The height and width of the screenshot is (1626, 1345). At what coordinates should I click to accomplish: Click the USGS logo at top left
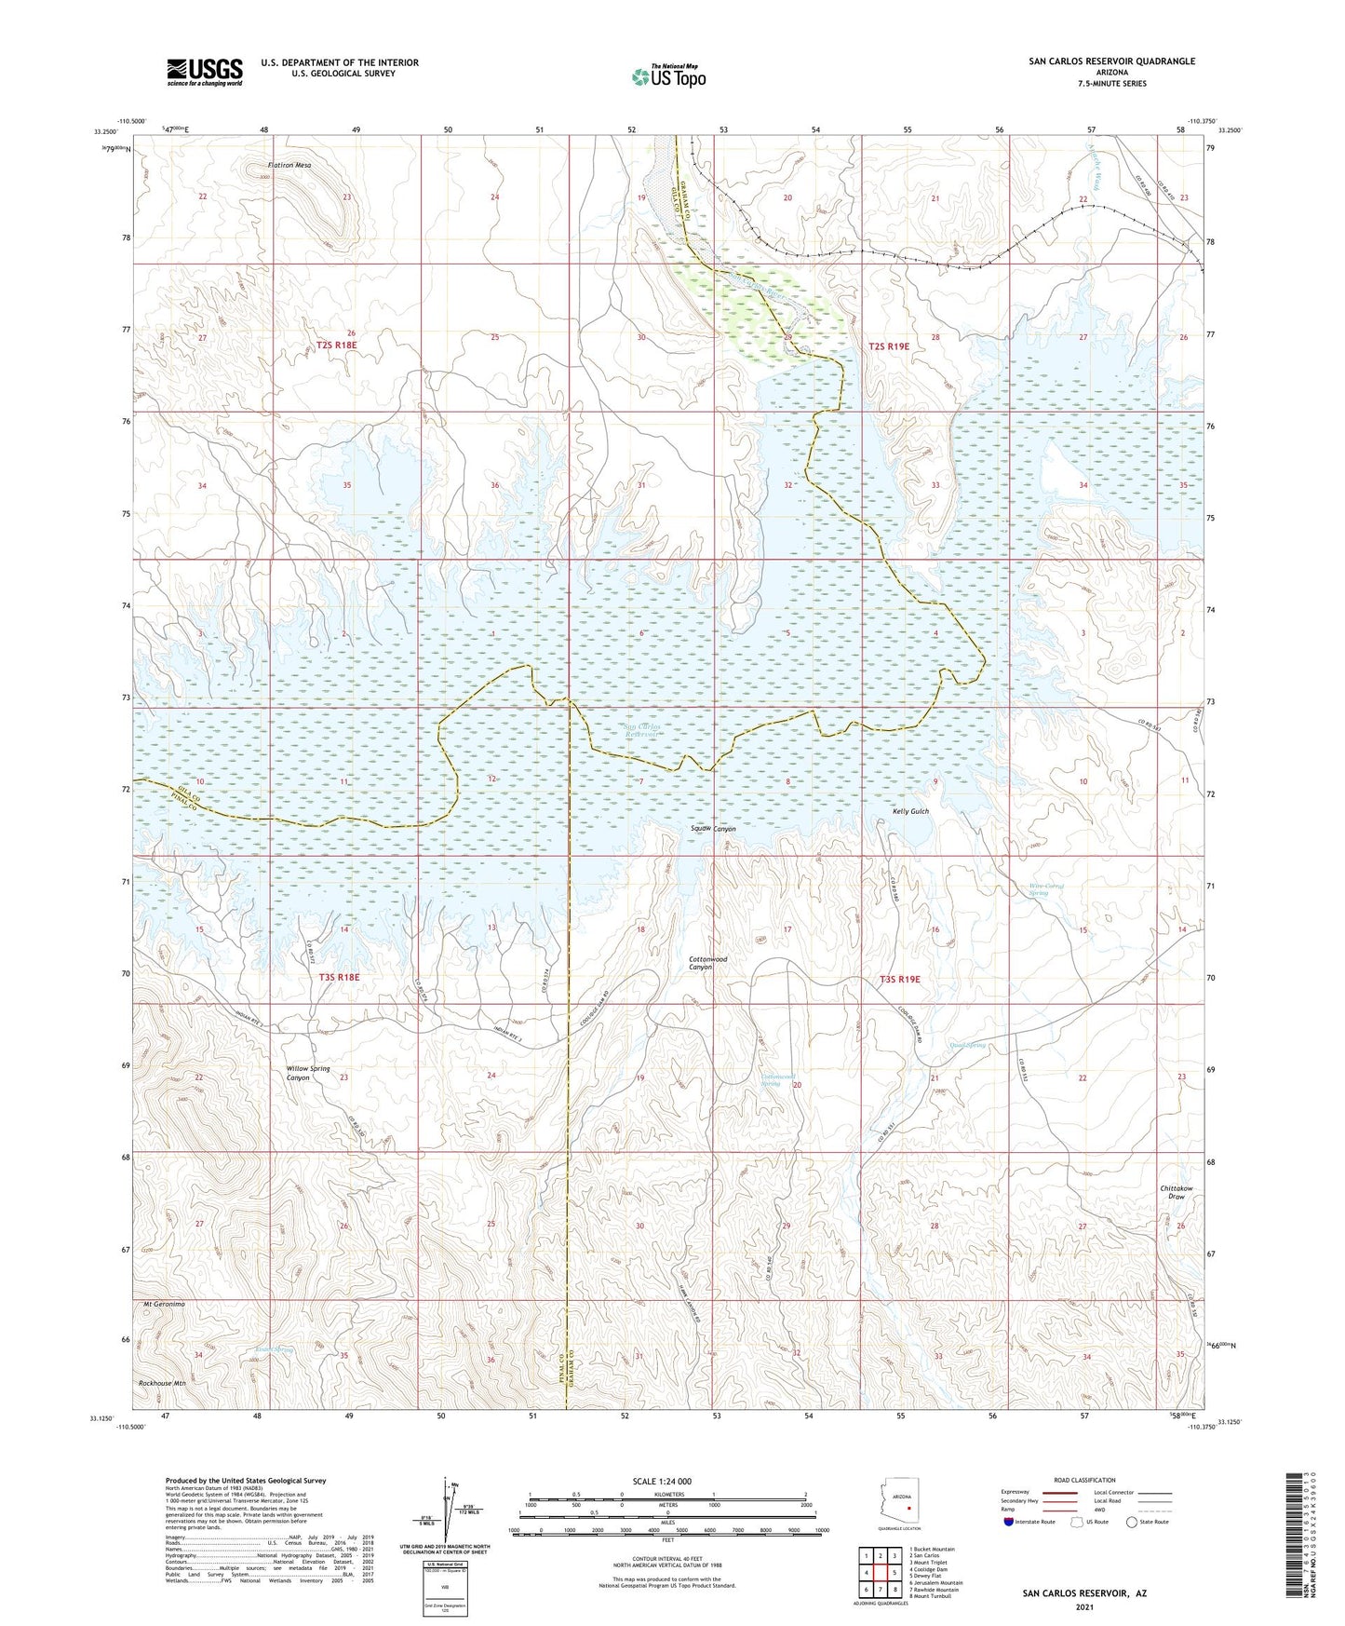(x=205, y=72)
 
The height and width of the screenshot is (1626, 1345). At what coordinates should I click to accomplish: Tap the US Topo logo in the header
(x=667, y=76)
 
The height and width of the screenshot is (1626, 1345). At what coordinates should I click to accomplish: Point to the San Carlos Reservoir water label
(x=641, y=730)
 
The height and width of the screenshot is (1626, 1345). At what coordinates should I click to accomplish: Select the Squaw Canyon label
(x=713, y=829)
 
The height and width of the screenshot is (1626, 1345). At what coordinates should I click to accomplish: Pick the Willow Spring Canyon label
(x=308, y=1073)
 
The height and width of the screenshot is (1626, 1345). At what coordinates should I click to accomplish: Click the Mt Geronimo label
(x=164, y=1304)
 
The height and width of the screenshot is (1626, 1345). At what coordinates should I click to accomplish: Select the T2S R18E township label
(x=336, y=345)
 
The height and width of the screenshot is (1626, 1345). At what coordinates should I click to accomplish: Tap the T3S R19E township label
(x=899, y=979)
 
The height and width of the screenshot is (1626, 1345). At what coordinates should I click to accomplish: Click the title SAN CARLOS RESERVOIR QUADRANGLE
(x=1111, y=61)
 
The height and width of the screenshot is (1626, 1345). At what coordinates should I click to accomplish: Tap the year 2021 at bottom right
(x=1083, y=1606)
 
